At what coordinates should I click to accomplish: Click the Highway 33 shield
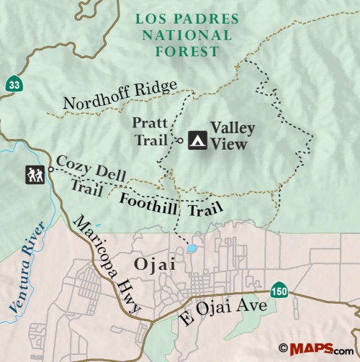[x=14, y=84]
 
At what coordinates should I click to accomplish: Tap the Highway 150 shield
[x=280, y=291]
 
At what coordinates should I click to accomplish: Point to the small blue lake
[x=191, y=249]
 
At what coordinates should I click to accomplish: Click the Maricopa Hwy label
[x=107, y=265]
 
